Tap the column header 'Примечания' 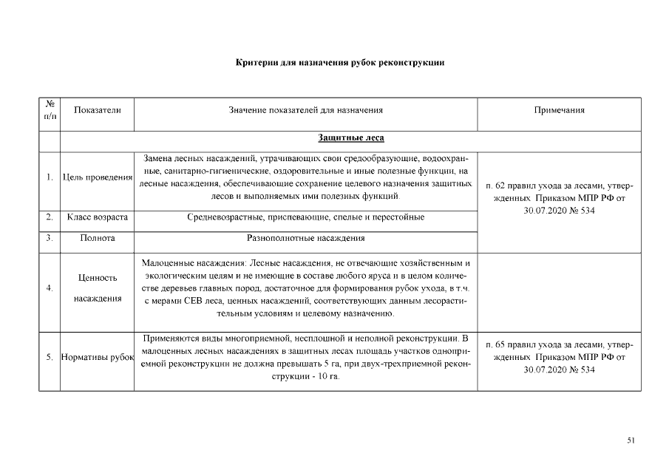pos(559,110)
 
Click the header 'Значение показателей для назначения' pos(305,110)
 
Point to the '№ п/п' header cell pos(50,110)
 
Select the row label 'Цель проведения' pos(98,177)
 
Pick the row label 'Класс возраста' pos(98,217)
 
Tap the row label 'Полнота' pos(98,239)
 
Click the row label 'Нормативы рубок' pos(98,358)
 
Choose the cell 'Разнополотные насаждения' pos(305,239)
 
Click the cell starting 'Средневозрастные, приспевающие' pos(305,217)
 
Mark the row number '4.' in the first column pos(49,288)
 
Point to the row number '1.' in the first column pos(49,177)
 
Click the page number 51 pos(631,440)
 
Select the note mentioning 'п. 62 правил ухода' pos(559,198)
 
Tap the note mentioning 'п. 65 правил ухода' pos(559,357)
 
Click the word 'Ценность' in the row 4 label pos(98,278)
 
